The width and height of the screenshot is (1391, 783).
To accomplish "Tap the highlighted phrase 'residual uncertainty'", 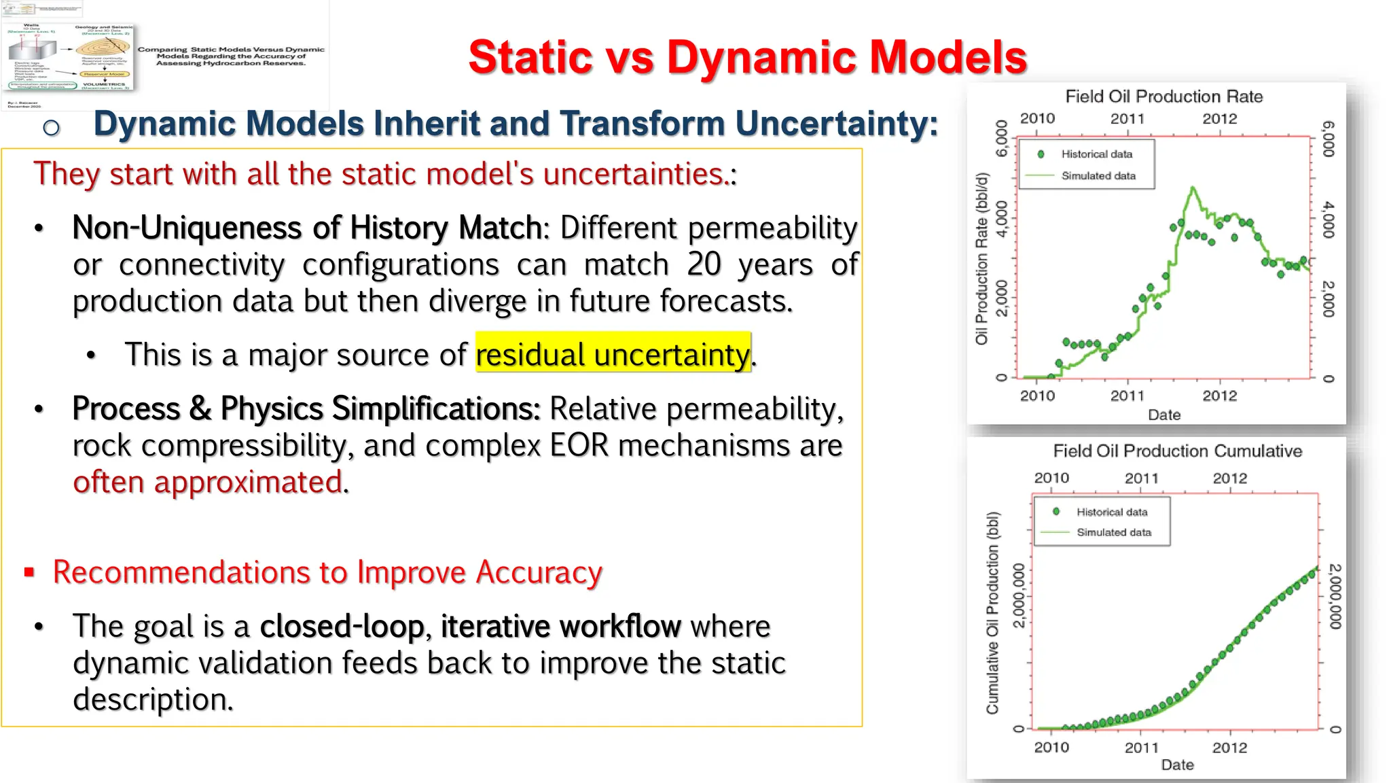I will (x=613, y=354).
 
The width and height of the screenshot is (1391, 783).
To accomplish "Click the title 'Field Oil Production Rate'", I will (x=1163, y=97).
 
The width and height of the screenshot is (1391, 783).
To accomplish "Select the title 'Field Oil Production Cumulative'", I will (x=1177, y=451).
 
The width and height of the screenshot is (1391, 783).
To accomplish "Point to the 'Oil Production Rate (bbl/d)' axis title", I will (x=981, y=258).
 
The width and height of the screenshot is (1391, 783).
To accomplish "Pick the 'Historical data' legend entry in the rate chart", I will (x=1096, y=154).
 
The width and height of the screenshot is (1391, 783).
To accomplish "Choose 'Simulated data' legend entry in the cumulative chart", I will (x=1113, y=533).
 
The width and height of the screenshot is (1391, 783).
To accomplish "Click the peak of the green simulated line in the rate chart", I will (x=1193, y=188).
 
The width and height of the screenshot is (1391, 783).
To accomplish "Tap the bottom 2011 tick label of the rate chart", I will (x=1127, y=396).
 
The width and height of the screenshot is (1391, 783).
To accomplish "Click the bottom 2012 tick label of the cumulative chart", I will (x=1229, y=748).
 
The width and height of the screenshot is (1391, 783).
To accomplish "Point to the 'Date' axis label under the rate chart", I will (x=1164, y=415).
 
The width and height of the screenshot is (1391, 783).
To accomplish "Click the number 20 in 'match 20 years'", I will (x=704, y=264).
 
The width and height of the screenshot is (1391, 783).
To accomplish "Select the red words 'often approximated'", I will (x=209, y=482).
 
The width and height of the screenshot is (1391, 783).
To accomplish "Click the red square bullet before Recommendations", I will (x=29, y=572).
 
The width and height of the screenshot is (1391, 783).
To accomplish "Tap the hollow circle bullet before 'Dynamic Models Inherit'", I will (x=51, y=127).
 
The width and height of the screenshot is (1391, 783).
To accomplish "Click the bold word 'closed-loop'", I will (x=342, y=626).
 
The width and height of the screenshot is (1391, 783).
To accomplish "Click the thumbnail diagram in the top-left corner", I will (x=68, y=58).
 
